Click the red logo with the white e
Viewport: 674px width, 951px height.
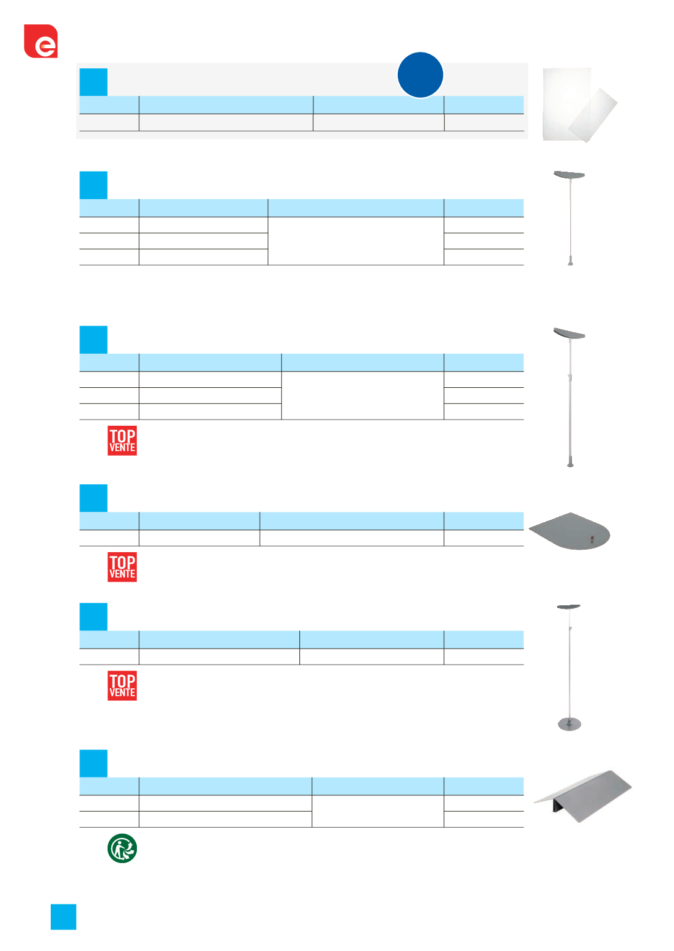(41, 41)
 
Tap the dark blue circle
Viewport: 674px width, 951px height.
(420, 75)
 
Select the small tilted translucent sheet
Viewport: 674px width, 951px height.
(593, 115)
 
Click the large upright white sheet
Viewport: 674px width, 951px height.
(566, 104)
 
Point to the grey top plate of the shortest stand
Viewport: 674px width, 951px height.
(570, 175)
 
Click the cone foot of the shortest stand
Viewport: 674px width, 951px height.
(570, 261)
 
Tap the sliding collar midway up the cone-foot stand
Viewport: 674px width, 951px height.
(570, 377)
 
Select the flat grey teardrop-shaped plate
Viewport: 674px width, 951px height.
(570, 531)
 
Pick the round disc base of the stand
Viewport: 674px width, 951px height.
(569, 724)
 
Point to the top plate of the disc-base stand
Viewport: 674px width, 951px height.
(569, 607)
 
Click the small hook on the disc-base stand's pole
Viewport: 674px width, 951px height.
(571, 628)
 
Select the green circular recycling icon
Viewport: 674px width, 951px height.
(122, 848)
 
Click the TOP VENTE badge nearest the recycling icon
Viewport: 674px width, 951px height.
(122, 686)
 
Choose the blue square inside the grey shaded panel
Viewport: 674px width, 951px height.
(93, 82)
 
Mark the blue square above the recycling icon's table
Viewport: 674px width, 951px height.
(93, 763)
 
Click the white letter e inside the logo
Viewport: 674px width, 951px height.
(45, 46)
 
